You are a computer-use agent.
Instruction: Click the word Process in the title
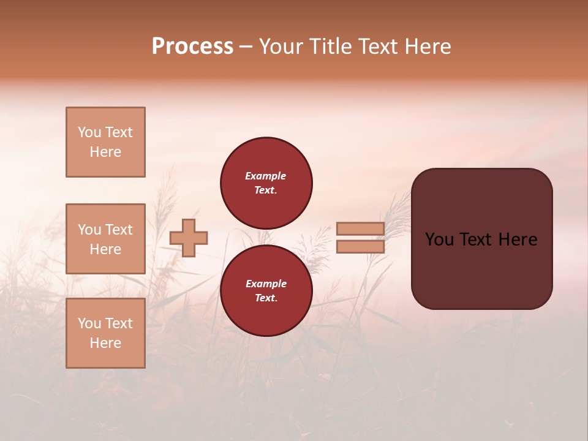(192, 47)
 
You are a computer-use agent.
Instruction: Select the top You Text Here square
(105, 142)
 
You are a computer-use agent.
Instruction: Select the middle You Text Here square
(105, 239)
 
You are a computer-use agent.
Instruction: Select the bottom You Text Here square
(105, 333)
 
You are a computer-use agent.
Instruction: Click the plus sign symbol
(189, 238)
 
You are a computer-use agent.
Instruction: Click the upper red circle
(266, 183)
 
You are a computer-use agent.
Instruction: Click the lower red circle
(266, 291)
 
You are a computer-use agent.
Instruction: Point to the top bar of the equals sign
(360, 229)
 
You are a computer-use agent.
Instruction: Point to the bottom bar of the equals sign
(360, 247)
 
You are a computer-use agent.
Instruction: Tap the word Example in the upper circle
(265, 176)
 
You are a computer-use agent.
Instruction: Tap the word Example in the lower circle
(266, 284)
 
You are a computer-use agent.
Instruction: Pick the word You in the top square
(89, 132)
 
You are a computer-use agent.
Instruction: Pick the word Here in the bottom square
(105, 343)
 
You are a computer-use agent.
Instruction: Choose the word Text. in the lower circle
(266, 298)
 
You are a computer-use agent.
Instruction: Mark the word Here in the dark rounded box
(518, 239)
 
